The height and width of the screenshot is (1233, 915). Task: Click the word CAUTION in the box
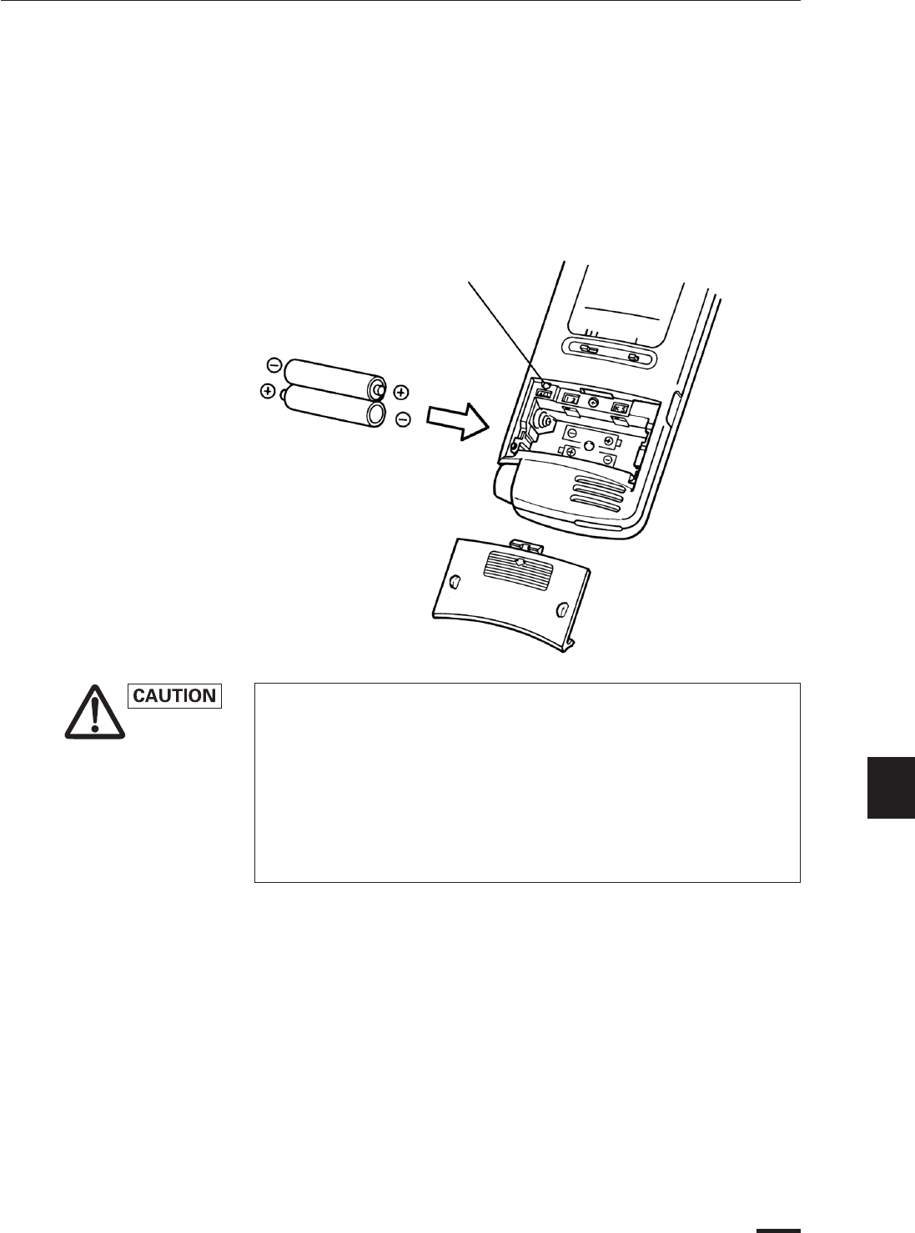pos(175,696)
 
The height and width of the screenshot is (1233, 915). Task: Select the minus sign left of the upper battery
pos(274,364)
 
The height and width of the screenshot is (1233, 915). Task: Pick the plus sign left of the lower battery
pos(269,390)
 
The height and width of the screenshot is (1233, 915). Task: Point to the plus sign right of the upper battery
pos(400,391)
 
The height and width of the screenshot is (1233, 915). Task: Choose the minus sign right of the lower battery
pos(402,420)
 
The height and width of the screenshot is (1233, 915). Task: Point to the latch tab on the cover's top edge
pos(526,545)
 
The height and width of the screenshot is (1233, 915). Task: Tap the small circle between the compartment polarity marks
pos(588,447)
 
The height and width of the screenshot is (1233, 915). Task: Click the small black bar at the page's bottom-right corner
pos(778,1229)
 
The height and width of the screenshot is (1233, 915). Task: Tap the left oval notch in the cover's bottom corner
pos(455,580)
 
